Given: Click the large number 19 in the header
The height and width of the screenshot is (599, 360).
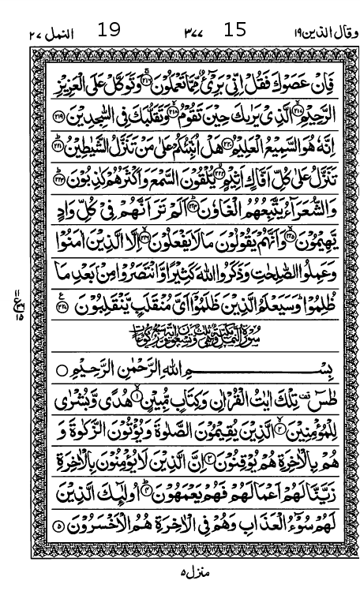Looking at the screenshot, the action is [x=110, y=31].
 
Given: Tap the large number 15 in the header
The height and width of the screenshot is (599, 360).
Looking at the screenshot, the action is [x=235, y=31].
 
